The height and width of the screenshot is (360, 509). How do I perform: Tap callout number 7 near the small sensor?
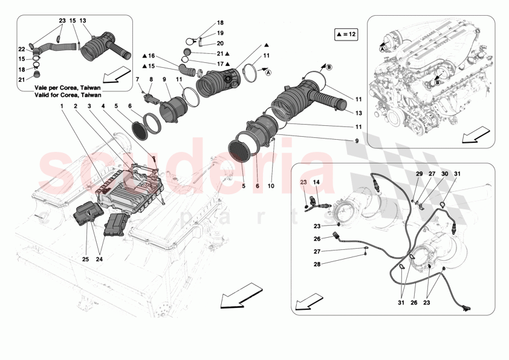click(137, 79)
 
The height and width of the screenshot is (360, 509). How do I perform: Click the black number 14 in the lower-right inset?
click(316, 181)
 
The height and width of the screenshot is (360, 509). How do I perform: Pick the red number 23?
click(303, 181)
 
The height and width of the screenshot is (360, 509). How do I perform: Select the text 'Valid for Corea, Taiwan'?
click(66, 95)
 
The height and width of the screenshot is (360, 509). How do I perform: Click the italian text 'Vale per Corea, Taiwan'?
click(66, 88)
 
